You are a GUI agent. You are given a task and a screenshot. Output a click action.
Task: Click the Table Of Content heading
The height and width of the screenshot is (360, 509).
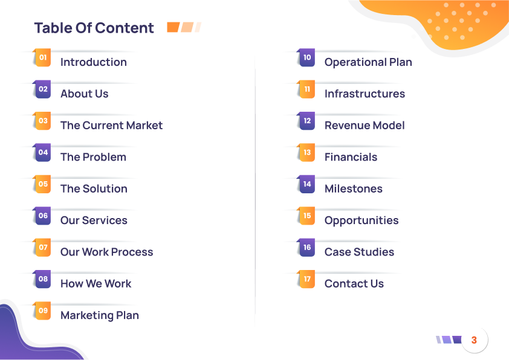(x=94, y=28)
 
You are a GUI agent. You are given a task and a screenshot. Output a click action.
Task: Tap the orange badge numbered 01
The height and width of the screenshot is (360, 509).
(x=42, y=58)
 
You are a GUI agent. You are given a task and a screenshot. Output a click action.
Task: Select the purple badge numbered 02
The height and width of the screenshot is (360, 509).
(x=42, y=89)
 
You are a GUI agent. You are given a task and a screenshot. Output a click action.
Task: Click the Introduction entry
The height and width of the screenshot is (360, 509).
(x=94, y=62)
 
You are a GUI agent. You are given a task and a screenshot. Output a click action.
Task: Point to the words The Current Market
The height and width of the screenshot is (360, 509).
(x=111, y=125)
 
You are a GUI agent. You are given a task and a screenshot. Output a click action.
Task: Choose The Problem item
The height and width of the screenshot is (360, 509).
(x=93, y=157)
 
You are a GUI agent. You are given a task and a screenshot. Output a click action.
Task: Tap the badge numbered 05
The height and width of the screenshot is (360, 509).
(x=42, y=184)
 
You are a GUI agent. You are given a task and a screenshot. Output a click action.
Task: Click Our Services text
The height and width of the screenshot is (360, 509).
(x=94, y=220)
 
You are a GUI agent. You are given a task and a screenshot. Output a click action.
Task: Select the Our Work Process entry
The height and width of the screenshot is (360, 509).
(x=107, y=252)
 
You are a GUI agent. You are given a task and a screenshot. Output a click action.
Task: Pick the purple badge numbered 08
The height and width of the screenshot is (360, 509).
(x=42, y=279)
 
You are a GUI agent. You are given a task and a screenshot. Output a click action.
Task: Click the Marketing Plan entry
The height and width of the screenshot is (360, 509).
(x=100, y=315)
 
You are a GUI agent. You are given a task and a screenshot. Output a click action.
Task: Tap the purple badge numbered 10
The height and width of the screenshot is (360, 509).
(x=306, y=58)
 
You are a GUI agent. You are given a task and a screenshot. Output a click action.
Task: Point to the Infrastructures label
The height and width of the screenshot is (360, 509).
(x=365, y=94)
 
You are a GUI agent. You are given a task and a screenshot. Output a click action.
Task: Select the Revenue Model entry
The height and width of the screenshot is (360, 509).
(x=365, y=125)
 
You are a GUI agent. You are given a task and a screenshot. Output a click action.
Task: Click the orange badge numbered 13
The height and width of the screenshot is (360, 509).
(x=306, y=152)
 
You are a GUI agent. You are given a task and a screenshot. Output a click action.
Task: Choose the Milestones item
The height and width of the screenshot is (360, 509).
(x=354, y=188)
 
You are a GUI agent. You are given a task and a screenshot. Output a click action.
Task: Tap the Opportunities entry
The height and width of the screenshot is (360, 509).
(x=361, y=220)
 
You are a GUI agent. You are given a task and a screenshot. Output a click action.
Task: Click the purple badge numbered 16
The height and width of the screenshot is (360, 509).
(x=306, y=248)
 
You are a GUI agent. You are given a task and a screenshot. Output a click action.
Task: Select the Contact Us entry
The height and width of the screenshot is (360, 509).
(x=354, y=284)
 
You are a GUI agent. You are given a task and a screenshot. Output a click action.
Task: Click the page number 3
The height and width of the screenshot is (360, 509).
(x=474, y=340)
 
